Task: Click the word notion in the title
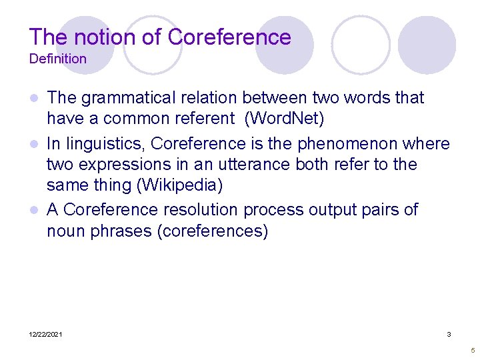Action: [x=91, y=37]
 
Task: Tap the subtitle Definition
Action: [x=58, y=59]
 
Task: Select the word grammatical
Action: [x=126, y=98]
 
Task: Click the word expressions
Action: [x=121, y=165]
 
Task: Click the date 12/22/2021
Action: [x=46, y=334]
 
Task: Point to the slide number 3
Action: [x=449, y=334]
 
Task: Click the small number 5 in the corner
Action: [x=472, y=350]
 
